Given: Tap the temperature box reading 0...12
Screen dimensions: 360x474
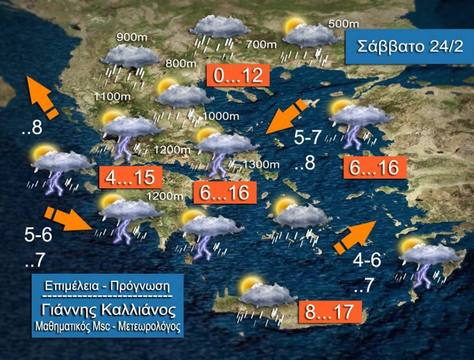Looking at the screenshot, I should pyautogui.click(x=238, y=76).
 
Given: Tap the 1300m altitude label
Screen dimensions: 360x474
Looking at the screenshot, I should pyautogui.click(x=262, y=164).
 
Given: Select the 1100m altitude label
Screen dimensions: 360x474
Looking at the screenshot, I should pyautogui.click(x=112, y=96).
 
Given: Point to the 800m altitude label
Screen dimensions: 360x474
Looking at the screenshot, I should pyautogui.click(x=181, y=63).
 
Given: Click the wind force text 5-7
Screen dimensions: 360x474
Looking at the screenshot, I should pyautogui.click(x=308, y=138).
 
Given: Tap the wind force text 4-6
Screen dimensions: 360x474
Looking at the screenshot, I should pyautogui.click(x=367, y=260).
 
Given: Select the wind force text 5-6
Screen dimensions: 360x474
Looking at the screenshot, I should pyautogui.click(x=38, y=235).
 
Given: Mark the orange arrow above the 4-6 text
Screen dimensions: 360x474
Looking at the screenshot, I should pyautogui.click(x=354, y=237).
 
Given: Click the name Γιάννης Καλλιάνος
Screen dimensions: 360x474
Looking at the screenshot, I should pyautogui.click(x=107, y=308).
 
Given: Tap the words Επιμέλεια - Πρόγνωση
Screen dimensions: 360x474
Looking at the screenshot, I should pyautogui.click(x=107, y=287).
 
